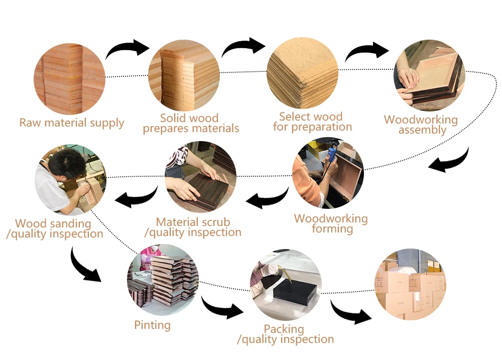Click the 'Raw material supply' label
tap(71, 123)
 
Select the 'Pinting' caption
tap(152, 325)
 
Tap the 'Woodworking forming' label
tap(331, 224)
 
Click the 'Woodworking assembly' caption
tap(421, 125)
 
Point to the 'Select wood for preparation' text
tap(312, 122)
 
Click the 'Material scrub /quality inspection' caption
tap(193, 227)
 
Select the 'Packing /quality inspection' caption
tap(285, 334)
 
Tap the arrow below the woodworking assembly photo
tap(451, 160)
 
